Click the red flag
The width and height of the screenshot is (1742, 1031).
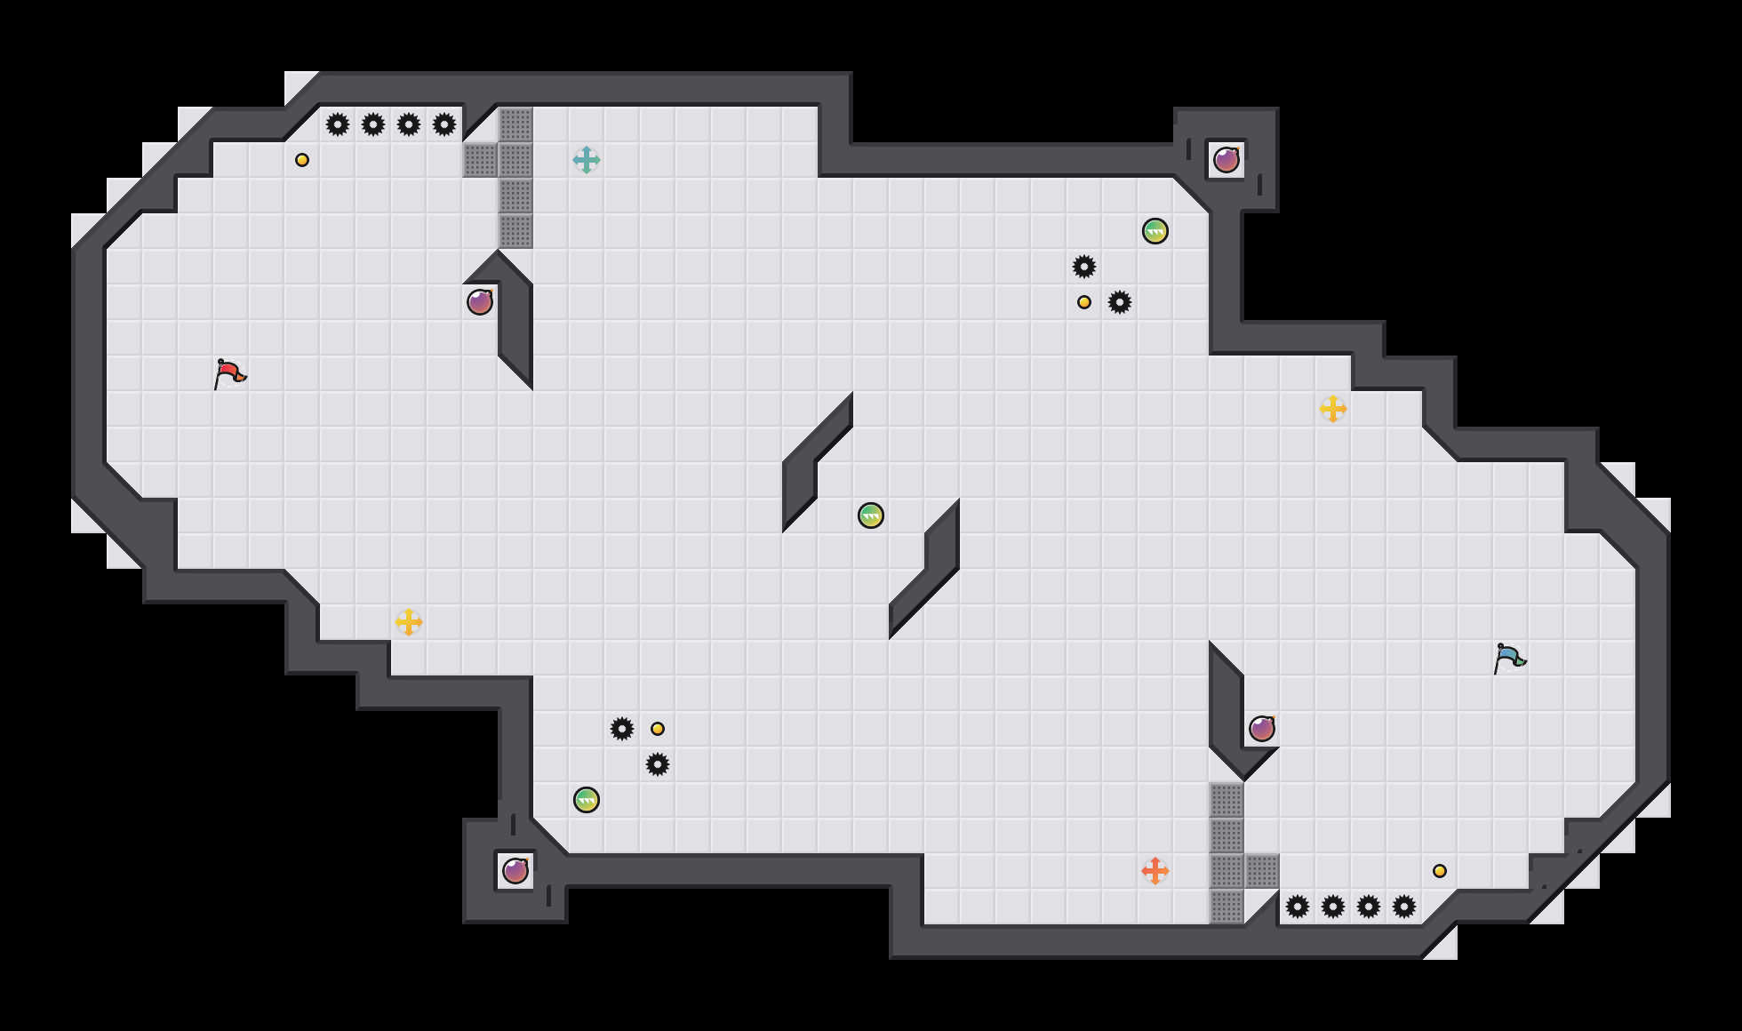(229, 373)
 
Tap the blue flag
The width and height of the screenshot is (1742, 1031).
(1509, 658)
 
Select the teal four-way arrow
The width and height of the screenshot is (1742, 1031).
(587, 160)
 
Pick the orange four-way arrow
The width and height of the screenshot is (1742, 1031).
(1155, 871)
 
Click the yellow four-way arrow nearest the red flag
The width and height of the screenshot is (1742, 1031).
(409, 622)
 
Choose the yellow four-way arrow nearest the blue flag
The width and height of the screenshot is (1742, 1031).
(1333, 409)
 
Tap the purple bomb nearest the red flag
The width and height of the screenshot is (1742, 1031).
(480, 302)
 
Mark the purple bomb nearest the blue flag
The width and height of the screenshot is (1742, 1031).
(1262, 729)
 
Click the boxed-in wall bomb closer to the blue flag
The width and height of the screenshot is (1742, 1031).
(1227, 160)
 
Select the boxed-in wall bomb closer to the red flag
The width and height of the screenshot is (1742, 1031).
(515, 871)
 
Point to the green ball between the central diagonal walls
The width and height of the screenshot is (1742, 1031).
(871, 515)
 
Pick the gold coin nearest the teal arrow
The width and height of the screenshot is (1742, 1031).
(302, 160)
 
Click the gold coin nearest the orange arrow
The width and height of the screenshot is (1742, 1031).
(1440, 871)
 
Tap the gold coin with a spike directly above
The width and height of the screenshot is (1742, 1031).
(1084, 302)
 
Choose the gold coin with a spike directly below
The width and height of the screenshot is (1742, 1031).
(658, 729)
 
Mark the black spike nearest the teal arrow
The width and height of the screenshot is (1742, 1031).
(444, 124)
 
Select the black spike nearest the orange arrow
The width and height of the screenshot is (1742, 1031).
(1298, 907)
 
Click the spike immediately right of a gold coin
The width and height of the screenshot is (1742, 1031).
(1120, 302)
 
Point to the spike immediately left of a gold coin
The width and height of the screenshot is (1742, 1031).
(622, 729)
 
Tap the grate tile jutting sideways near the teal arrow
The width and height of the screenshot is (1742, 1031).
(480, 160)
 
